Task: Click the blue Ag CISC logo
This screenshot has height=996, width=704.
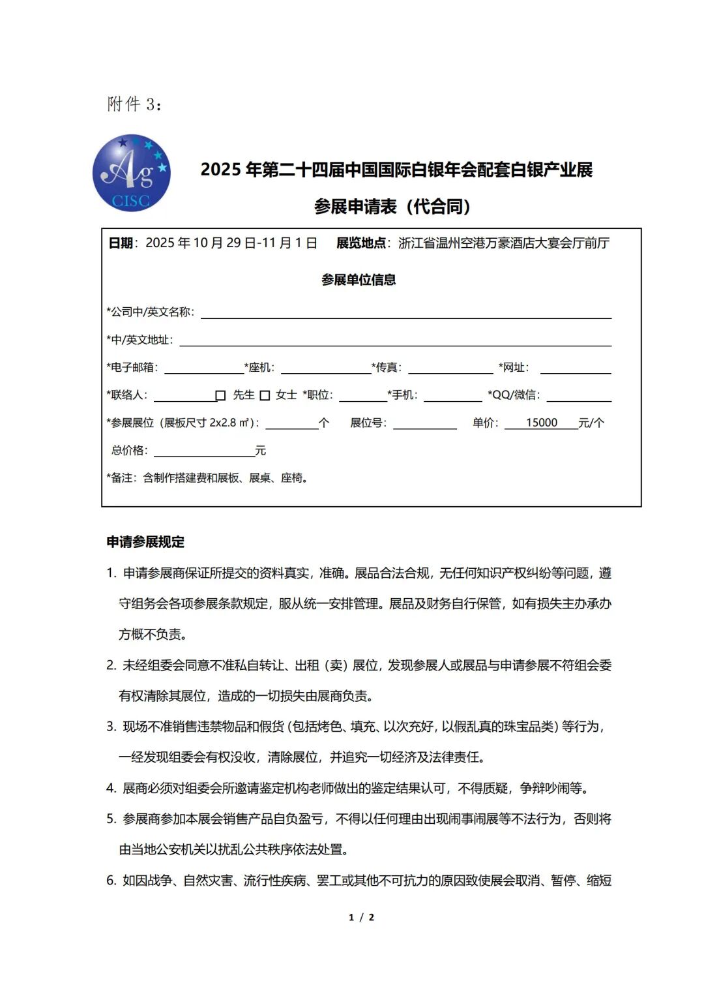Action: coord(132,173)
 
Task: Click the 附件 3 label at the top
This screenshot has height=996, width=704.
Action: coord(134,104)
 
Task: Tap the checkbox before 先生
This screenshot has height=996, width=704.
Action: coord(220,395)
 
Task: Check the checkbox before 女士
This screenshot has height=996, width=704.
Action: coord(265,395)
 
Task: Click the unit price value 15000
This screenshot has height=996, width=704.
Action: coord(541,423)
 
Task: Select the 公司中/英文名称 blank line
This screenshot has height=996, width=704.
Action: coord(405,312)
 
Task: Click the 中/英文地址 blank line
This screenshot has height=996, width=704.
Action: coord(395,340)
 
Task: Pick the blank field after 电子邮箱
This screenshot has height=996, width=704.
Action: coord(203,368)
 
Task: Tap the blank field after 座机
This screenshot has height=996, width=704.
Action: coord(326,368)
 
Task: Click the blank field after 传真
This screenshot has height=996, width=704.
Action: coord(450,368)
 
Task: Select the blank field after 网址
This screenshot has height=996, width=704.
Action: coord(576,368)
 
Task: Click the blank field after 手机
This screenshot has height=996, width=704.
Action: coord(452,395)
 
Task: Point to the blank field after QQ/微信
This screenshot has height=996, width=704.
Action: coord(579,395)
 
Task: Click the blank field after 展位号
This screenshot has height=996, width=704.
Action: coord(424,423)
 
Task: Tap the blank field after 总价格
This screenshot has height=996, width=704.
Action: coord(204,451)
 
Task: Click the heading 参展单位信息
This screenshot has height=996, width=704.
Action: coord(359,280)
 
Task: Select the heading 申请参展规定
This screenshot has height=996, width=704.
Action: coord(145,542)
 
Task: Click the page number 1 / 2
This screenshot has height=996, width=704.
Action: coord(361,917)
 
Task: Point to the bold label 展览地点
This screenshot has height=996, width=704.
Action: coord(360,243)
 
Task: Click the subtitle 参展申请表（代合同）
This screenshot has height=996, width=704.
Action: coord(392,207)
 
